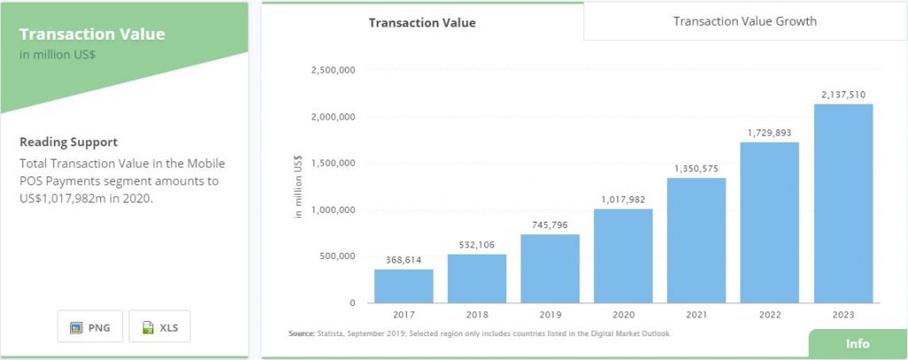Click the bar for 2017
point(403,286)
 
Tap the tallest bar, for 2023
point(843,203)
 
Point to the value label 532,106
point(477,245)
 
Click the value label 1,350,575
point(697,168)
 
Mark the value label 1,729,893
point(770,132)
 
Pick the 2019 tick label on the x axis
point(550,315)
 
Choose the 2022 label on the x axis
point(770,315)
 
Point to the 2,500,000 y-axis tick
point(332,70)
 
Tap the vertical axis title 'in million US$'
point(299,187)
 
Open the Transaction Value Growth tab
point(745,21)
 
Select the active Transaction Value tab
point(422,23)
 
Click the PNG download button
point(90,327)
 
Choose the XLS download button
point(160,327)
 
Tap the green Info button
point(857,344)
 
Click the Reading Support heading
point(68,142)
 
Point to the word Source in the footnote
point(302,333)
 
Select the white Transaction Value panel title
point(92,35)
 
